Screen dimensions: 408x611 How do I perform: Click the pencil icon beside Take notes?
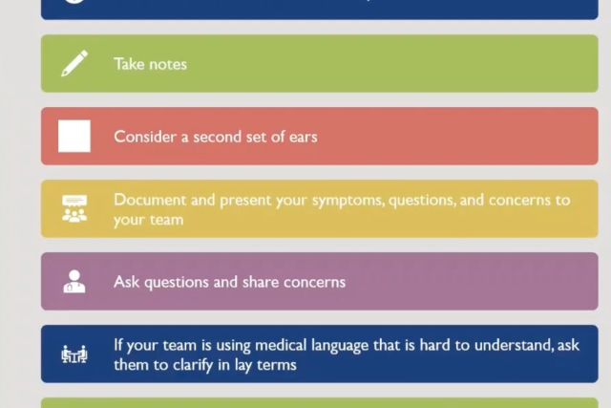tap(74, 63)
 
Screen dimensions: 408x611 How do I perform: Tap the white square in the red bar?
tap(74, 136)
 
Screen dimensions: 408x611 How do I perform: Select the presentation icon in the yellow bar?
tap(74, 208)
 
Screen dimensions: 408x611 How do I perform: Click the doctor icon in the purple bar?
tap(74, 281)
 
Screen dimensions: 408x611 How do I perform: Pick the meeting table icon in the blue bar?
tap(74, 354)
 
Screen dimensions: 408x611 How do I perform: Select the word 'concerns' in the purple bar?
tap(314, 282)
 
